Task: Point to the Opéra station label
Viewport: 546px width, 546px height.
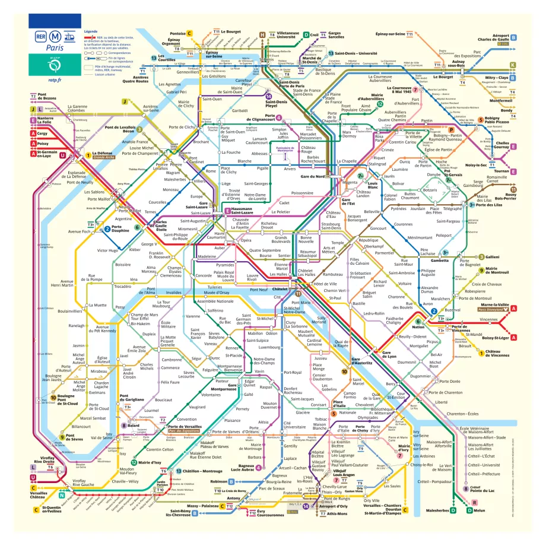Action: click(246, 240)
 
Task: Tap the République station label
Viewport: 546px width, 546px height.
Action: click(368, 240)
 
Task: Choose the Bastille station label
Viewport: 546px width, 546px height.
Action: click(359, 303)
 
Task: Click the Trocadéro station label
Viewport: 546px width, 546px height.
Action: click(122, 286)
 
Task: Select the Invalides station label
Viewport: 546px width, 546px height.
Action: click(174, 293)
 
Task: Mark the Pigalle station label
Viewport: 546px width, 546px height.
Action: click(262, 169)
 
